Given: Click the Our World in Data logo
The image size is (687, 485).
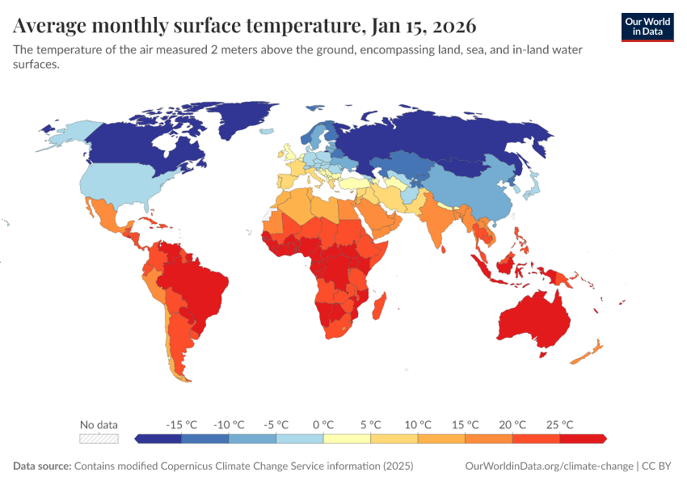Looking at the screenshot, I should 647,27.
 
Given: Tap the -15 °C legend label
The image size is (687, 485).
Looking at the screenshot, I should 181,424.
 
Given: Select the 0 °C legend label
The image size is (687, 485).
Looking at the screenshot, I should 323,424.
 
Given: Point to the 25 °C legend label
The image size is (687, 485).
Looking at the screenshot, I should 559,424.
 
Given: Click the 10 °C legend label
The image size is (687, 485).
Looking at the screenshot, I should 418,424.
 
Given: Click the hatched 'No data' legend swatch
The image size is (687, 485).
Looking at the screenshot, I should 99,438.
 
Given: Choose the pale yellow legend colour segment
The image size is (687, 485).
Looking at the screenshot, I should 347,438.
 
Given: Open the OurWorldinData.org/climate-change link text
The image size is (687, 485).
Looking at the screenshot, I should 550,466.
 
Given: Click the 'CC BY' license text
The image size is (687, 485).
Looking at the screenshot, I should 659,466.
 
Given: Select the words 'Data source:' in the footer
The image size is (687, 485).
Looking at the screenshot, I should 42,466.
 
